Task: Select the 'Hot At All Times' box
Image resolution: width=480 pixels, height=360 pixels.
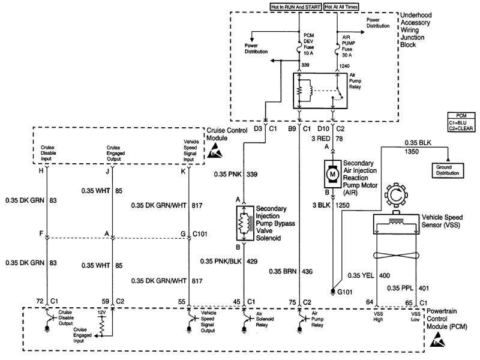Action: pos(340,7)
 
